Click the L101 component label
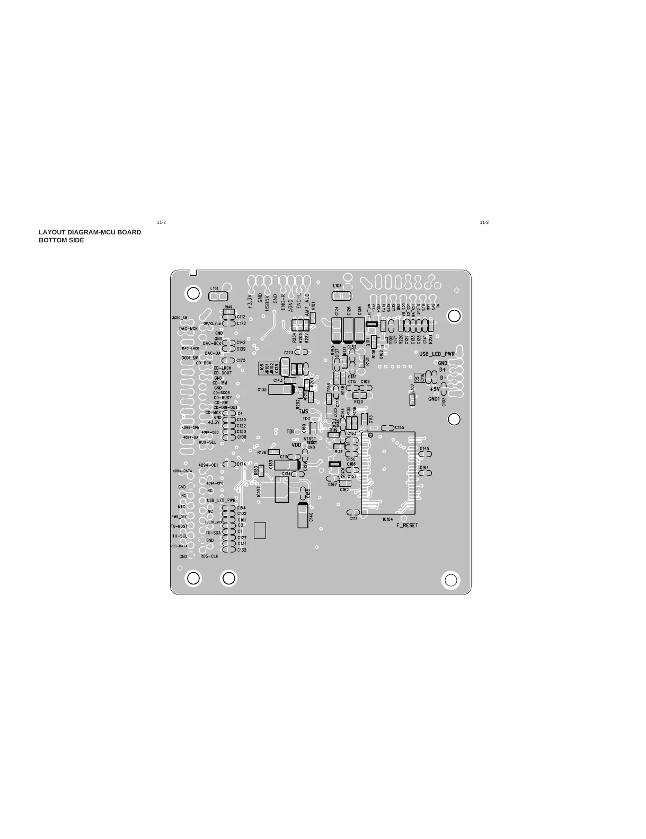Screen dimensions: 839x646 tap(215, 288)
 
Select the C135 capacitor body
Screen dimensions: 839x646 tap(281, 389)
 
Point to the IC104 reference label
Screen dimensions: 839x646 tap(387, 519)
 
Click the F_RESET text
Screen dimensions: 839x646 tap(407, 525)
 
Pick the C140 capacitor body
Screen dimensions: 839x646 tap(303, 515)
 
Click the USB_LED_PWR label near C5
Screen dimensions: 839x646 tap(437, 354)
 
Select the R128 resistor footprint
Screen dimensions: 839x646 tap(273, 452)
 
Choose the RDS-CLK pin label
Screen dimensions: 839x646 tap(209, 556)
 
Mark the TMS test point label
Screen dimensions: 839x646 tap(304, 412)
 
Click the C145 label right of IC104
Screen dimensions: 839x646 tap(424, 449)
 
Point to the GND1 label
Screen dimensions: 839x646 tap(434, 398)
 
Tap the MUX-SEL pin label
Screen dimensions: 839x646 tap(207, 442)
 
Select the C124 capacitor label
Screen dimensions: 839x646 tap(337, 311)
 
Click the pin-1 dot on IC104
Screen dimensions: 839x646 tap(370, 435)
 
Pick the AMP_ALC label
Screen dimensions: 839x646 tap(307, 307)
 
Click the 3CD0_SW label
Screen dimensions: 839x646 tap(180, 317)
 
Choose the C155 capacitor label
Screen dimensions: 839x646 tap(400, 427)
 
